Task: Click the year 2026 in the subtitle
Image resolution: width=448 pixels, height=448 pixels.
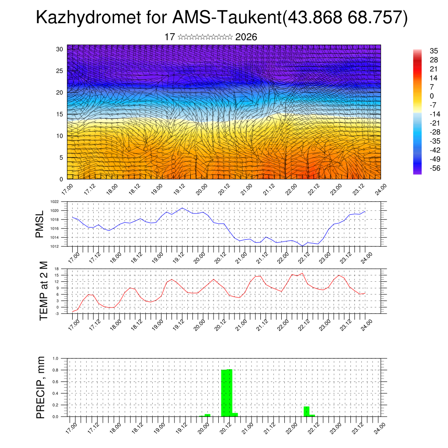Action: pyautogui.click(x=246, y=37)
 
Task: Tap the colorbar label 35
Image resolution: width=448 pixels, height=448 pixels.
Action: pyautogui.click(x=422, y=51)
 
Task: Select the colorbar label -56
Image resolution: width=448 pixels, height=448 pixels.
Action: pyautogui.click(x=423, y=168)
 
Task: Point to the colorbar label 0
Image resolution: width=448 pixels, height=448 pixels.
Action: pyautogui.click(x=420, y=96)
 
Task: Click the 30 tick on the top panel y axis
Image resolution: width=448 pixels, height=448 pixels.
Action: pyautogui.click(x=59, y=49)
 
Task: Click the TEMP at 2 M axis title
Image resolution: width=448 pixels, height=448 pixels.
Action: pyautogui.click(x=44, y=290)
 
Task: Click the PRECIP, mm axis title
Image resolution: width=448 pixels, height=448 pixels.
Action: pyautogui.click(x=41, y=387)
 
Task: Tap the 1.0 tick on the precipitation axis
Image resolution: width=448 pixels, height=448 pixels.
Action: pyautogui.click(x=56, y=358)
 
